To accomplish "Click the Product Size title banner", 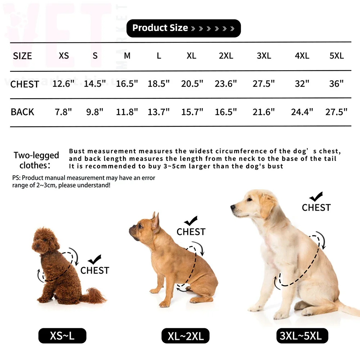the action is (184, 28).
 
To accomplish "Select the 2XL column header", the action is (226, 56).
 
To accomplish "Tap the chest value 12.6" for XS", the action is (63, 84).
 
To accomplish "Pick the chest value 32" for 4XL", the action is (302, 84).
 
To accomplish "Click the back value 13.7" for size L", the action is (158, 112).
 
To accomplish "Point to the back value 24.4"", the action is (302, 112).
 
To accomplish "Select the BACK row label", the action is (22, 112).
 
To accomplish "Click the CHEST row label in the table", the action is (25, 84).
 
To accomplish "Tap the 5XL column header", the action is (337, 56).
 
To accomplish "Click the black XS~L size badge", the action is (62, 336).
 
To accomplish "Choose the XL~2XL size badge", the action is (185, 336).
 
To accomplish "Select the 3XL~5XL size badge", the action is (302, 336).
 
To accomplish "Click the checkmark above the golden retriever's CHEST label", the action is (316, 197).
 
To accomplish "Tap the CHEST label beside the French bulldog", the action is (191, 232).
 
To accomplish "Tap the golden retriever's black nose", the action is (233, 207).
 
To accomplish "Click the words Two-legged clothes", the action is (36, 160).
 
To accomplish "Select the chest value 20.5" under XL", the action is (192, 84).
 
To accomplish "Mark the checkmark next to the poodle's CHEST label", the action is (95, 260).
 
